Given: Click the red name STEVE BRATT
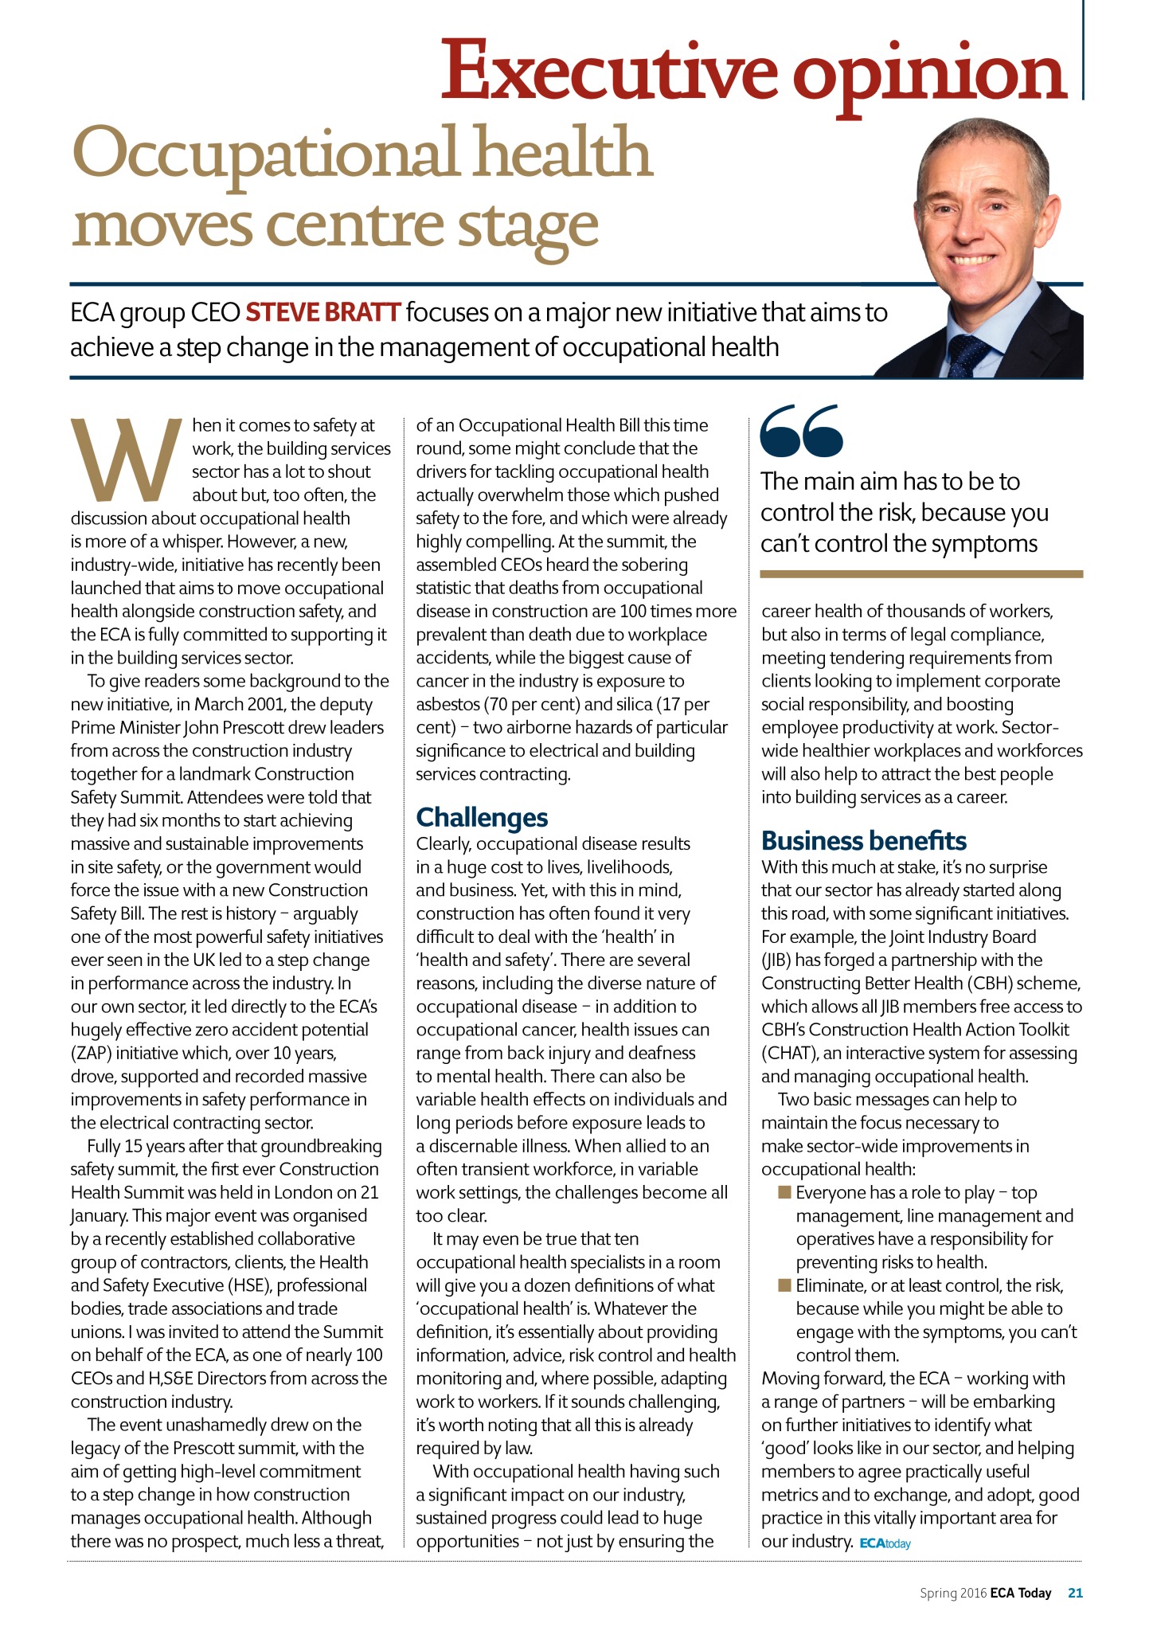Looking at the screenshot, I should tap(322, 312).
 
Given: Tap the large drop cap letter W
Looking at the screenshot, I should tap(127, 458).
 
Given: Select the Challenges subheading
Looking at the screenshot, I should tap(482, 817).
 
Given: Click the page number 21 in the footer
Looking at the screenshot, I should tap(1075, 1593).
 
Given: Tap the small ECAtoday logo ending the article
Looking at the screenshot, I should tap(885, 1543).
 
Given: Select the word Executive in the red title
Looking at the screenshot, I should tap(608, 73).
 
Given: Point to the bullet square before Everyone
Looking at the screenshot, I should tap(784, 1191).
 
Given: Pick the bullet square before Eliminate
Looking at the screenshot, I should tap(784, 1285).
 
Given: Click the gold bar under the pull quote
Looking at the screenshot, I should tap(921, 573).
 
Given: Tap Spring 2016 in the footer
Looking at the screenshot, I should tap(953, 1593).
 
